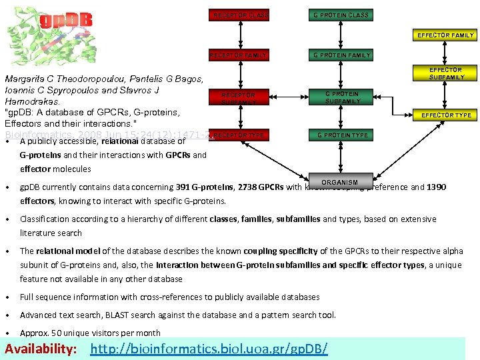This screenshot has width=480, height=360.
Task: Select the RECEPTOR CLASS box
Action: (x=241, y=15)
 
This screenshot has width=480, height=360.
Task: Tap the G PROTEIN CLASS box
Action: (x=341, y=15)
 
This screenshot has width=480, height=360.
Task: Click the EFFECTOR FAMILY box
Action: (x=445, y=35)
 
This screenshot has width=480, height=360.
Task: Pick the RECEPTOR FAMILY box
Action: (x=241, y=55)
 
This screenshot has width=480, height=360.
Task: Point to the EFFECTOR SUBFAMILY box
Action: (x=446, y=73)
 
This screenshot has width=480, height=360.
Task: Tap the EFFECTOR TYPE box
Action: (x=446, y=115)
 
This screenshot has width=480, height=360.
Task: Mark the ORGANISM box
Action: (x=339, y=182)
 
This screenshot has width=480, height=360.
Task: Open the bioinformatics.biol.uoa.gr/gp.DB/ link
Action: (x=209, y=349)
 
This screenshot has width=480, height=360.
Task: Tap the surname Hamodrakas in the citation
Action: (x=32, y=102)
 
